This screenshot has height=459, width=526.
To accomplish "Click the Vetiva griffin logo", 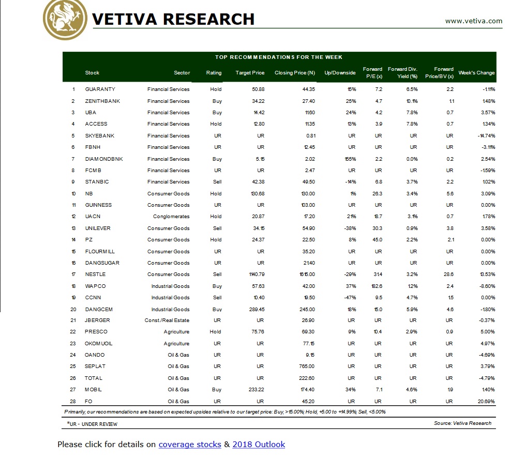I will coord(65,19).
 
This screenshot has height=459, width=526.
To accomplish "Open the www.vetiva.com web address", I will coord(473,21).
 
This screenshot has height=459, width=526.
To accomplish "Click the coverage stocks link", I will coord(190,445).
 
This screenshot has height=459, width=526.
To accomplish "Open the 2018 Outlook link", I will coord(259,445).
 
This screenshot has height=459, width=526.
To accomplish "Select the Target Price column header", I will coord(250,73).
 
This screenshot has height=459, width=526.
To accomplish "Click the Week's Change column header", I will coord(476,73).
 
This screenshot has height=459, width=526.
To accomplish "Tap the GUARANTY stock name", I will coord(100,89).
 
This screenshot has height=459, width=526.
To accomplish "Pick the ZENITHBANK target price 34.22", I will coord(257,101).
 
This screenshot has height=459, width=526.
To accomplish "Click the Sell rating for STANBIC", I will coord(217,182).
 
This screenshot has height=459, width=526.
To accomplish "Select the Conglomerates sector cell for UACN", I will coord(171,217).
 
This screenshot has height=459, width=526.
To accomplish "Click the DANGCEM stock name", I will coord(99,310).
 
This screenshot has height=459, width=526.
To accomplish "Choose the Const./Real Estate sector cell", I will coord(167,320).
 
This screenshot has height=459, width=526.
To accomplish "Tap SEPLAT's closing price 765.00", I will coord(306,366).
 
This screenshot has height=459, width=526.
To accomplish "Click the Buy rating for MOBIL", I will coord(217,390).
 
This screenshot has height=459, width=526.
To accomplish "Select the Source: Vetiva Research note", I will coord(463,423).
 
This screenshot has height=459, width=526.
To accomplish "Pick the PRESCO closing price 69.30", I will coord(307,332).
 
